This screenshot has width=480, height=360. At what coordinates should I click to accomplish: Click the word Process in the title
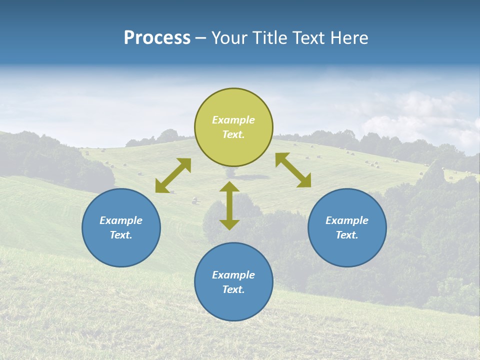(x=157, y=38)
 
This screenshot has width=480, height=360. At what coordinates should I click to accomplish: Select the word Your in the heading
(x=230, y=38)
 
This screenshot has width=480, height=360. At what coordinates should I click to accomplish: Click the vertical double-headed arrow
(x=229, y=205)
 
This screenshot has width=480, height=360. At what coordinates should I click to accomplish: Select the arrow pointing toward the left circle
(x=173, y=175)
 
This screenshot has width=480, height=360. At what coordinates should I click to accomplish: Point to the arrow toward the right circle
(x=293, y=170)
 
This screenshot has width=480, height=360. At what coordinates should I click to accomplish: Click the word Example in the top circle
(x=233, y=120)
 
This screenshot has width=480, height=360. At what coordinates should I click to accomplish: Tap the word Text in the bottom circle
(x=232, y=289)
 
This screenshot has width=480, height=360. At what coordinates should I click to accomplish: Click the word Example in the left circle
(x=121, y=220)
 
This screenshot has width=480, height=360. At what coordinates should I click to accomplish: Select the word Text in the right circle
(x=346, y=235)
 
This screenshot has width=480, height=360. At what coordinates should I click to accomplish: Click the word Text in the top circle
(x=232, y=134)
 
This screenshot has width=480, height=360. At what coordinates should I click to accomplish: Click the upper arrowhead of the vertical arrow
(x=229, y=187)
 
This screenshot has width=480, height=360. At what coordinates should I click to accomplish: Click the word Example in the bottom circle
(x=233, y=275)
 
